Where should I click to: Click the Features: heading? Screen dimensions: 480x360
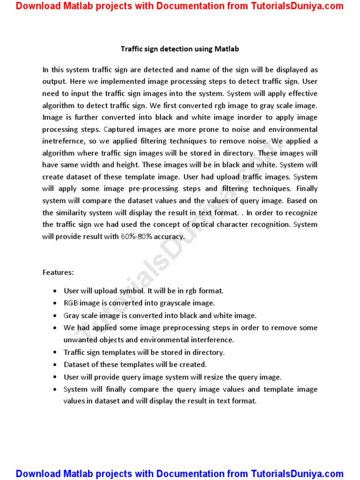point(58,272)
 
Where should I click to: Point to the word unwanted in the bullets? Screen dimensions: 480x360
point(78,340)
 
